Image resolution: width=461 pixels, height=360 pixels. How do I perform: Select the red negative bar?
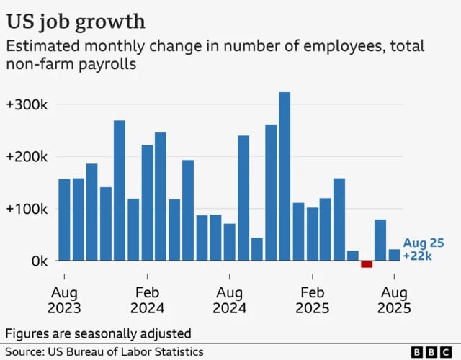367,264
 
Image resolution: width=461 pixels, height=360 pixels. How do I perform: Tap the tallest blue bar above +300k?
285,176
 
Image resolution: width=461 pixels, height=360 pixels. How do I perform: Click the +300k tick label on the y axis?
27,104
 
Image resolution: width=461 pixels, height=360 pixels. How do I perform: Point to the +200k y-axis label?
27,157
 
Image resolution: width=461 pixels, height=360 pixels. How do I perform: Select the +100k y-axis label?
27,209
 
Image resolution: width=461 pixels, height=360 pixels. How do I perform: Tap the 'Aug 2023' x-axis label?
63,300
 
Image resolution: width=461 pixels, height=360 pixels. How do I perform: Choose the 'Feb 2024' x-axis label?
147,300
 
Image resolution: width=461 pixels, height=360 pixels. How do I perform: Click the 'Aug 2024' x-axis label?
230,300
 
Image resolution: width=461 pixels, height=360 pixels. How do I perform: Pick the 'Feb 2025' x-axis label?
312,300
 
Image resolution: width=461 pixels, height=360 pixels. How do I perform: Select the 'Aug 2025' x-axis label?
394,300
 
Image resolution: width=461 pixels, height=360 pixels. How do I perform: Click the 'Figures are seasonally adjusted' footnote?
99,333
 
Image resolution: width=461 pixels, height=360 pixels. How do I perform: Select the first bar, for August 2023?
64,220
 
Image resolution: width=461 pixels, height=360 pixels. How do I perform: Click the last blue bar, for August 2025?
394,255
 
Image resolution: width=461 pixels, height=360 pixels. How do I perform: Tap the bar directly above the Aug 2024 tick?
230,242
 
